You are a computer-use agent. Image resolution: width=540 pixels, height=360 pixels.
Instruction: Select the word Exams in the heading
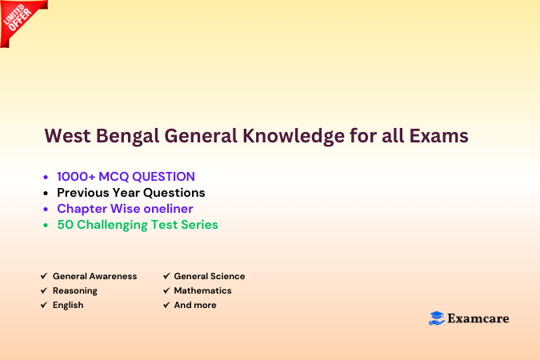(438, 137)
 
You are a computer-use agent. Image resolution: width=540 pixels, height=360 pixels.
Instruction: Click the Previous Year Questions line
(130, 192)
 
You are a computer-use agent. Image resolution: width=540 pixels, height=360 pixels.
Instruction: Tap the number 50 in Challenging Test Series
(65, 224)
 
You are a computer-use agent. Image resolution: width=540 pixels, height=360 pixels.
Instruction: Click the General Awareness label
(94, 276)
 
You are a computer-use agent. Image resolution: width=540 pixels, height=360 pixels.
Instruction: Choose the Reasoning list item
(75, 290)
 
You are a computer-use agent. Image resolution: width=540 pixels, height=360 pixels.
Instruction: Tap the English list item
(68, 305)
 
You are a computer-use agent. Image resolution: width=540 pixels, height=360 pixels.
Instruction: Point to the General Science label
(209, 276)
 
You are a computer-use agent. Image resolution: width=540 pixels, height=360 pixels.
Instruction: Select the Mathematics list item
(202, 290)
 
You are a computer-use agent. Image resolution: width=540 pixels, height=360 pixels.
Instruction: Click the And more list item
(194, 305)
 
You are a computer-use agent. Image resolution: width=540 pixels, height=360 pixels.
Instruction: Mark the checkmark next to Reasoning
(43, 290)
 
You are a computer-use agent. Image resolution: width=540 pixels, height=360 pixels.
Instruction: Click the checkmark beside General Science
(166, 276)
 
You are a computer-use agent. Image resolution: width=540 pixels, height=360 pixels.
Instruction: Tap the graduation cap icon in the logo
(436, 318)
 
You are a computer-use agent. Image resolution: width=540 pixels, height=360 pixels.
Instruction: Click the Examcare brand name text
(478, 318)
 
